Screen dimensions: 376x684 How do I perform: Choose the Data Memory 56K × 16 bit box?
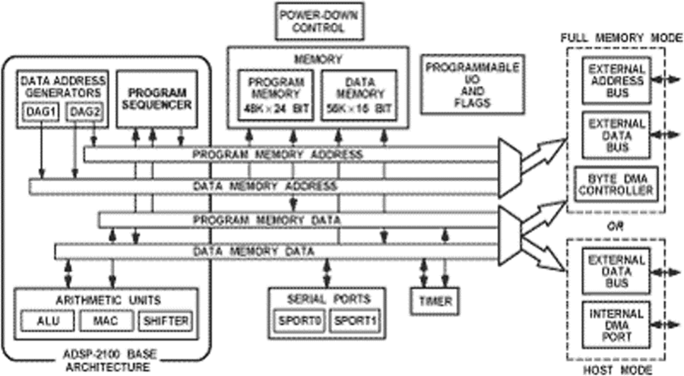point(359,96)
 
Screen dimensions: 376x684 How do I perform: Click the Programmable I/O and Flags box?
point(472,84)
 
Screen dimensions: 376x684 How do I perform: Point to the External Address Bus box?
point(616,78)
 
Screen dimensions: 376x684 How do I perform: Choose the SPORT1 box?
point(356,320)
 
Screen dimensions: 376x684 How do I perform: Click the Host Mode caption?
point(616,368)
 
